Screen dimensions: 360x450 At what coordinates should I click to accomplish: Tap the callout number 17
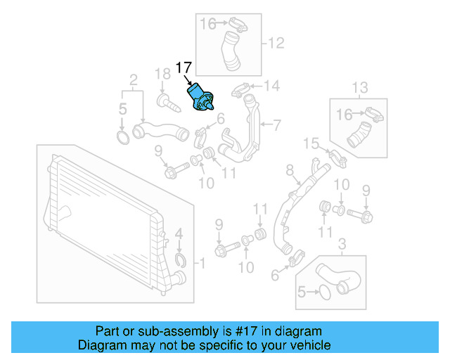pos(184,68)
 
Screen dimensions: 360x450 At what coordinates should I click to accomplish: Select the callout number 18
pos(162,74)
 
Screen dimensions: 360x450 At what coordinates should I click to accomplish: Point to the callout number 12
pos(276,44)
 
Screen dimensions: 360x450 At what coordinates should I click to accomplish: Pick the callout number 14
pos(271,86)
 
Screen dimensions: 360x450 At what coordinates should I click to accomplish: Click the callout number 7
pos(276,126)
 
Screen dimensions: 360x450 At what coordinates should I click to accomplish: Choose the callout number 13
pos(359,88)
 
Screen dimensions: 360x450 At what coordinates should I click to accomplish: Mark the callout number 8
pos(289,170)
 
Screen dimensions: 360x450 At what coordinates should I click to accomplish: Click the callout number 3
pos(342,244)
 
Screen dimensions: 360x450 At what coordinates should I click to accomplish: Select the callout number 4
pos(179,233)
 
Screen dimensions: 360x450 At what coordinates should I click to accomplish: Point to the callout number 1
pos(201,264)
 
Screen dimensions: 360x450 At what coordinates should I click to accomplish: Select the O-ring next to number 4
pos(180,262)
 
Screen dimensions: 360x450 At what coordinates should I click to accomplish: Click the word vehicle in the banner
pos(308,345)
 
